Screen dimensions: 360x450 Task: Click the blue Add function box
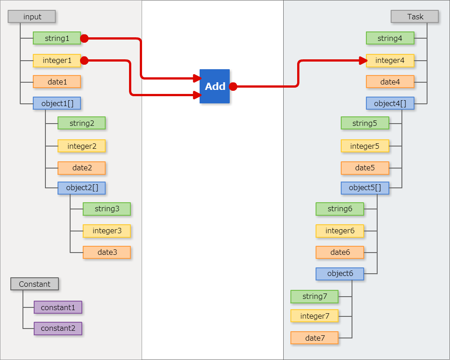click(x=214, y=86)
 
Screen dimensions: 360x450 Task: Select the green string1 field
click(x=57, y=38)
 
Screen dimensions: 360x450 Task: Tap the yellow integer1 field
click(x=57, y=60)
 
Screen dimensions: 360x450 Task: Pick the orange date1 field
click(x=57, y=82)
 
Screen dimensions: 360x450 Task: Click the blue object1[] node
click(x=57, y=103)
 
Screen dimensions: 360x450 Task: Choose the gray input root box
click(x=32, y=17)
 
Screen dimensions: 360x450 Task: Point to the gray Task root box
click(x=414, y=17)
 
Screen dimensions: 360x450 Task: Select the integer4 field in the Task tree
click(x=390, y=60)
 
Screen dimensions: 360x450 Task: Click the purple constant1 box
click(x=58, y=307)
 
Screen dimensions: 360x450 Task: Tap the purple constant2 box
click(x=58, y=329)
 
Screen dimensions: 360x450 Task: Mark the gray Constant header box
click(x=35, y=284)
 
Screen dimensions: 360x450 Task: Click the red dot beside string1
click(x=84, y=39)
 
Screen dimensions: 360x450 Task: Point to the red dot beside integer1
click(x=84, y=60)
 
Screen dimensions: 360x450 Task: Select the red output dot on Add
click(x=233, y=86)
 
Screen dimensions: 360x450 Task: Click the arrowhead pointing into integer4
click(x=364, y=60)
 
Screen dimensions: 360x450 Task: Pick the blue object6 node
click(x=340, y=274)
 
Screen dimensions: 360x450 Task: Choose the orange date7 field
click(x=314, y=338)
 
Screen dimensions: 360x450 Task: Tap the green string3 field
click(x=107, y=209)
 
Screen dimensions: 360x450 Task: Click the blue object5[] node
click(x=365, y=188)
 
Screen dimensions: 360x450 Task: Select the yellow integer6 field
click(x=339, y=231)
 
